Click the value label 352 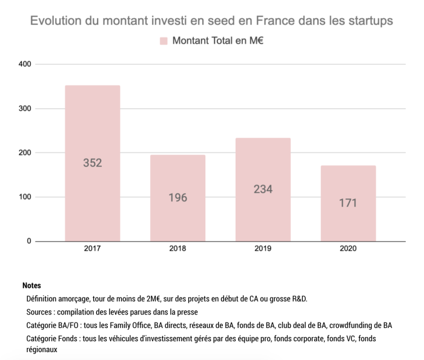pyautogui.click(x=93, y=163)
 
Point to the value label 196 pyautogui.click(x=178, y=198)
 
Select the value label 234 pyautogui.click(x=263, y=189)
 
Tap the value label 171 pyautogui.click(x=348, y=203)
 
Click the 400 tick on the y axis pyautogui.click(x=25, y=64)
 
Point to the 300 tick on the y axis pyautogui.click(x=25, y=109)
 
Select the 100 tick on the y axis pyautogui.click(x=25, y=197)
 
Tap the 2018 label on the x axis pyautogui.click(x=178, y=249)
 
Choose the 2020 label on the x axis pyautogui.click(x=348, y=249)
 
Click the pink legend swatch pyautogui.click(x=164, y=41)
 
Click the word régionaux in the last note pyautogui.click(x=42, y=349)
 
